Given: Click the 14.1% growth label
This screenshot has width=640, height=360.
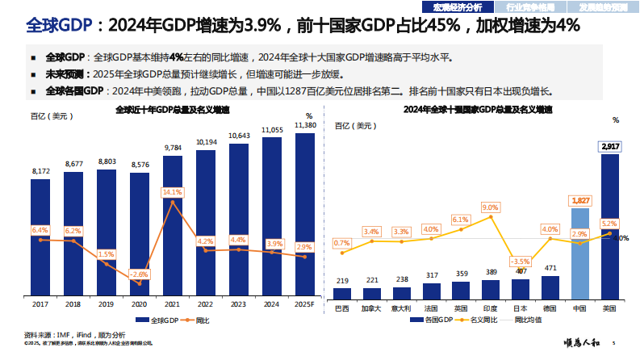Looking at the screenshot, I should click(x=173, y=192).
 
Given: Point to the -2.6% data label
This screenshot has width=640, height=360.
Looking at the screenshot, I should click(x=140, y=274).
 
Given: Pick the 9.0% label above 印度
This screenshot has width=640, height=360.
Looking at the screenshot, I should click(x=491, y=207).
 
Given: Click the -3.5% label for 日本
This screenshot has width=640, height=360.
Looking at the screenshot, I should click(x=521, y=262).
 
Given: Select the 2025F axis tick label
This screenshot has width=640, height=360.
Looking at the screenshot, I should click(x=305, y=304).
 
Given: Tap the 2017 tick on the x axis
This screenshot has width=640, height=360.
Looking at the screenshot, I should click(x=40, y=304).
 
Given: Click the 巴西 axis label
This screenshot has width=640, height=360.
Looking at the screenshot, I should click(x=342, y=308).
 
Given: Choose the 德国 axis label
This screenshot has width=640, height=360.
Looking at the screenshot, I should click(x=550, y=308).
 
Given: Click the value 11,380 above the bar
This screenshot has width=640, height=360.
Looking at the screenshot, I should click(x=305, y=126).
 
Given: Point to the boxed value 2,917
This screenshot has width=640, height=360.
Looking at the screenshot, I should click(x=610, y=146).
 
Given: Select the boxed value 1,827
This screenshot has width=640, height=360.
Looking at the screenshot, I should click(x=580, y=199).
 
